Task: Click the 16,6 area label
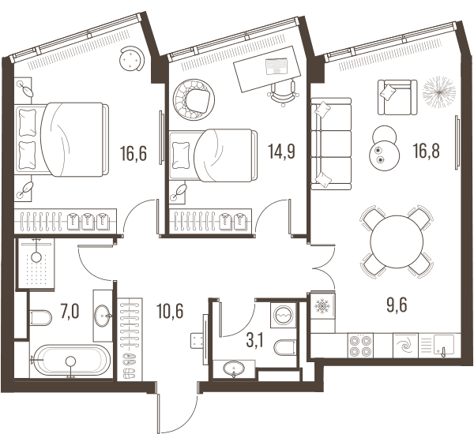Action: pos(134,153)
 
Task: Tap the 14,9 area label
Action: pos(281,152)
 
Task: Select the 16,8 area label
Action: pos(427,151)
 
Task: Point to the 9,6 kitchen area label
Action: pos(397,305)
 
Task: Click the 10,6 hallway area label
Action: pos(170,311)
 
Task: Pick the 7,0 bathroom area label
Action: pos(70,312)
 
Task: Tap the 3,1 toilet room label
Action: pos(255,341)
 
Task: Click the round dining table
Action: pos(397,241)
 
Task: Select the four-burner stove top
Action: pos(360,346)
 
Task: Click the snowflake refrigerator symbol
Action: pos(322,306)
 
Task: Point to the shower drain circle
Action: pos(37,257)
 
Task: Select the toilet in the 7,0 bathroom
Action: pos(41,317)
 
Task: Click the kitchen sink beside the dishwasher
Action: pos(444,345)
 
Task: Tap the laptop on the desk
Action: pos(276,66)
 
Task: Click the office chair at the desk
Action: pos(284,93)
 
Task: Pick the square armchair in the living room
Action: pos(397,97)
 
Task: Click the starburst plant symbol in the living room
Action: pos(438,92)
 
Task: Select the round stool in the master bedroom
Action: pos(132,58)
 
